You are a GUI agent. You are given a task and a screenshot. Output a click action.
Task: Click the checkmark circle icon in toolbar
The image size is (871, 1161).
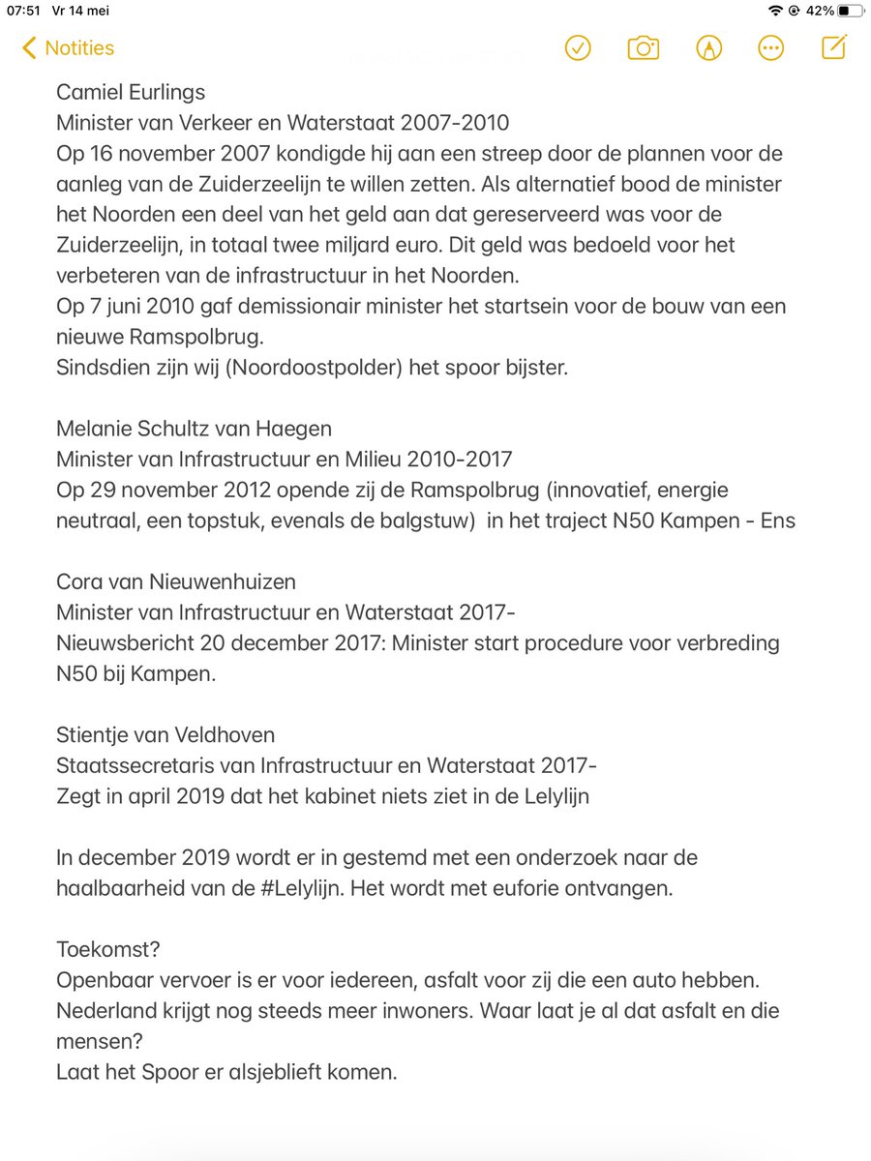pyautogui.click(x=578, y=48)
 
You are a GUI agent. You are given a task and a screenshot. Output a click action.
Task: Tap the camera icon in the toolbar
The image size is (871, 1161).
pyautogui.click(x=643, y=48)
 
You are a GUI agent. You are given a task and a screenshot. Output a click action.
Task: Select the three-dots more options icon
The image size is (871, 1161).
pyautogui.click(x=771, y=48)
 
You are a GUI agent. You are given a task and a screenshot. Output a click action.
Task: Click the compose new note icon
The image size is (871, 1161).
pyautogui.click(x=834, y=47)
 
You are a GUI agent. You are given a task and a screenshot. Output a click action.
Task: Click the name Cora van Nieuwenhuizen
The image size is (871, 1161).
pyautogui.click(x=176, y=581)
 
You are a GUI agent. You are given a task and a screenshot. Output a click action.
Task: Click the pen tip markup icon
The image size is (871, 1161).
pyautogui.click(x=707, y=48)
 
